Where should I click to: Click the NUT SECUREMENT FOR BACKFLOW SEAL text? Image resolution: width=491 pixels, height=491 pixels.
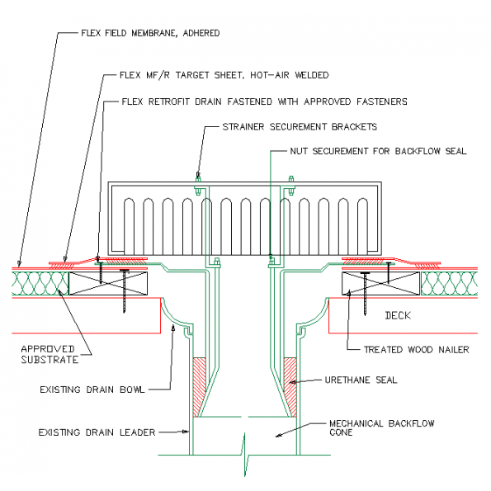point(378,152)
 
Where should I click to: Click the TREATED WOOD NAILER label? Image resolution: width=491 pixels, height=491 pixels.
point(416,350)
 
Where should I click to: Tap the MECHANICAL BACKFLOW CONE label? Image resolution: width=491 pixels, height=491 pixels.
point(371,427)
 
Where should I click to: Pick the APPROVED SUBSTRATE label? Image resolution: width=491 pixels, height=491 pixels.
point(50,354)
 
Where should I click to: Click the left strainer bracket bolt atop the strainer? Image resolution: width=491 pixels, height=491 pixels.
point(198,177)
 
